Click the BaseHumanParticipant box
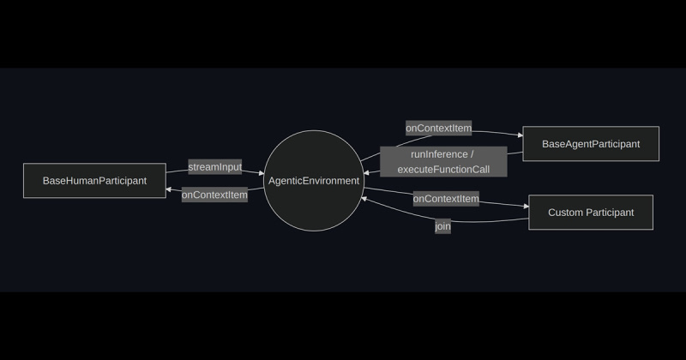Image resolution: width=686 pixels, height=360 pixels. coord(94,181)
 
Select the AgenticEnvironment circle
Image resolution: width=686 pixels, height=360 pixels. coord(314,181)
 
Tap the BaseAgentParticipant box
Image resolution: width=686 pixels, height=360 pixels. coord(591,144)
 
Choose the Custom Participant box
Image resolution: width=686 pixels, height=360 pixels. coord(591,213)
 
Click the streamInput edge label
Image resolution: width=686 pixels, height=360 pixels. coord(215,166)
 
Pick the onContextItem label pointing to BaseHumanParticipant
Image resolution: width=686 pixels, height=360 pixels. coord(214,195)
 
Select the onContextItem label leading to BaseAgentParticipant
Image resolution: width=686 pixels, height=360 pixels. coord(438,129)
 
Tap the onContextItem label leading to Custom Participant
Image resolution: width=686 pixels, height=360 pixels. coord(446,199)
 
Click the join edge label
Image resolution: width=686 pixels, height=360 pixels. coord(442,226)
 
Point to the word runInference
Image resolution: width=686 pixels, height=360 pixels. coord(439,154)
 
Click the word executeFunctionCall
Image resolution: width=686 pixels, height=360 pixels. coord(443,169)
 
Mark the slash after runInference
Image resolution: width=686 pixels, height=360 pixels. coord(472,154)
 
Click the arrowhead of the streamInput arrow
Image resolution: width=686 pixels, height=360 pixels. coord(262,173)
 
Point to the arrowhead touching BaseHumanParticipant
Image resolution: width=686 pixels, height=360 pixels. coord(168,189)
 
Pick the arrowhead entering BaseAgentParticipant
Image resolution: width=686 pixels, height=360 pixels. coord(521,135)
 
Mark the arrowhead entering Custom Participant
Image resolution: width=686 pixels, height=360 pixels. coord(527,206)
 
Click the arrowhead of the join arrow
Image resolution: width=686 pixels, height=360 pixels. coord(364,199)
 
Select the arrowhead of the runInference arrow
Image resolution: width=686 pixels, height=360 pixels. coord(366,173)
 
